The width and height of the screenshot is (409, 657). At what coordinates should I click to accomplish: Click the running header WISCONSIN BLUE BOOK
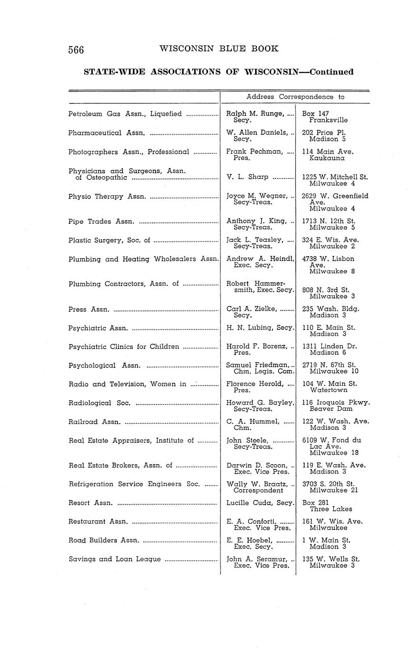click(219, 49)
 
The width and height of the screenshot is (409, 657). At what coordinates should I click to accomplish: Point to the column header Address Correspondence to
click(295, 97)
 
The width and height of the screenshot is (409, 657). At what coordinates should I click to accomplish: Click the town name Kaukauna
click(326, 158)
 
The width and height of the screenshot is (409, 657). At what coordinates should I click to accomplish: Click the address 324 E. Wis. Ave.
click(330, 240)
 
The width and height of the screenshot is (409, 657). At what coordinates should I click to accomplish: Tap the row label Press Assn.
click(89, 309)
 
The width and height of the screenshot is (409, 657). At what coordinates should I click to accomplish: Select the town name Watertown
click(328, 390)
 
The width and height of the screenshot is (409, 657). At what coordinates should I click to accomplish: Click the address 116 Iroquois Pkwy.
click(336, 402)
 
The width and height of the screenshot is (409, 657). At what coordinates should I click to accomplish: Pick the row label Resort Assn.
click(90, 503)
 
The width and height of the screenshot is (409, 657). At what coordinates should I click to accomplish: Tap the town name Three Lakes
click(331, 509)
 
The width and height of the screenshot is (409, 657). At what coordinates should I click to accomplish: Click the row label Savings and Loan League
click(114, 559)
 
